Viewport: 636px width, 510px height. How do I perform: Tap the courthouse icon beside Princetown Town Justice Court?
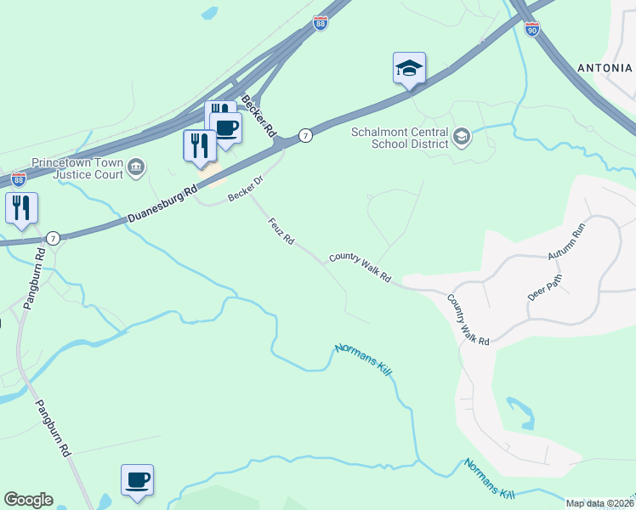pos(136,169)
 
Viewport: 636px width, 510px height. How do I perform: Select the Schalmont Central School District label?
pos(400,137)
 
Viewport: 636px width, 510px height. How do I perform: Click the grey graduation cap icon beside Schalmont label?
pos(462,137)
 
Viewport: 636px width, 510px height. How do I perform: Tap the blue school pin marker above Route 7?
pos(409,69)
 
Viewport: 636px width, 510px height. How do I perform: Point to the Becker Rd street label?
pos(259,117)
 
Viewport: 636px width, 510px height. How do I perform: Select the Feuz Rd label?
pos(281,232)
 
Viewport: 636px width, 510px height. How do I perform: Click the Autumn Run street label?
pos(567,242)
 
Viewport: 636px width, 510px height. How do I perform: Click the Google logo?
pos(28,500)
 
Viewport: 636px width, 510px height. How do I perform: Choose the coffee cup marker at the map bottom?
pos(137,481)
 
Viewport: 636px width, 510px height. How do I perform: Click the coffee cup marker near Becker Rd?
pos(226,128)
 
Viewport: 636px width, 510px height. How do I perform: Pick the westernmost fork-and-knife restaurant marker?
pos(21,208)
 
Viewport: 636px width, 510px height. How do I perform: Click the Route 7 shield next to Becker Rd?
pos(305,136)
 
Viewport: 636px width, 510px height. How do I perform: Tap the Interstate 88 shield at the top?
pos(321,24)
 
